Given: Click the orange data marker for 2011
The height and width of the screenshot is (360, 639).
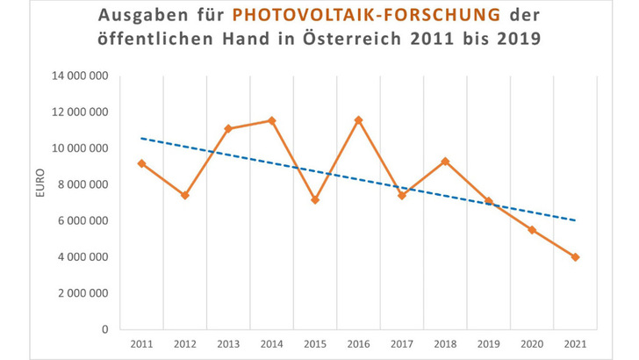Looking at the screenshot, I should tap(141, 163).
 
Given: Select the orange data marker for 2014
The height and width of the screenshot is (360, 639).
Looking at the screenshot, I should tap(271, 120).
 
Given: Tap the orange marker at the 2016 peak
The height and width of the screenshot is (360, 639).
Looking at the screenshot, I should tap(358, 119).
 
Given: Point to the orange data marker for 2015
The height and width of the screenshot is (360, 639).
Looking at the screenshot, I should tap(315, 200).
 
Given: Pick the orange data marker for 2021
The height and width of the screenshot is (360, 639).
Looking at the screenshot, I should tap(575, 257).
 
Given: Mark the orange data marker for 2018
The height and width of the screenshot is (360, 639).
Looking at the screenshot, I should tap(445, 162).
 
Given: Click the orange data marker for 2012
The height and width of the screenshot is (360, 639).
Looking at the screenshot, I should tap(185, 195).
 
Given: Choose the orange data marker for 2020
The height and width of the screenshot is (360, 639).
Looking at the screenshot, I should tap(532, 230).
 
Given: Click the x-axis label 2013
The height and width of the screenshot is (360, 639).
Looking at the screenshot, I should tap(228, 343).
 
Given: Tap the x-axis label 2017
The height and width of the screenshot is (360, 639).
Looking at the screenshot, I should tap(402, 343).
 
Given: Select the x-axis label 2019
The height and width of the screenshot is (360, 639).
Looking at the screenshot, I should tap(488, 343).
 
